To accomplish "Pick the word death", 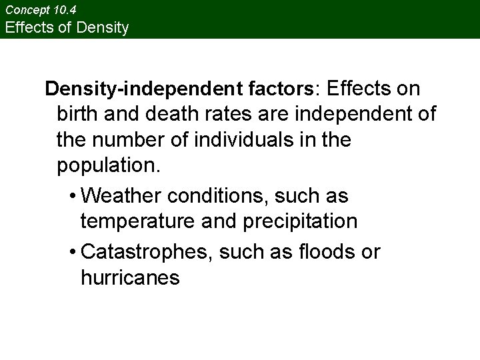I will (167, 114).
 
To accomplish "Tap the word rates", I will (223, 114).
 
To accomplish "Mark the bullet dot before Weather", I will (71, 197).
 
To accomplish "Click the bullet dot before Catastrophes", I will (71, 253).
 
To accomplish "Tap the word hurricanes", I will (130, 277).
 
